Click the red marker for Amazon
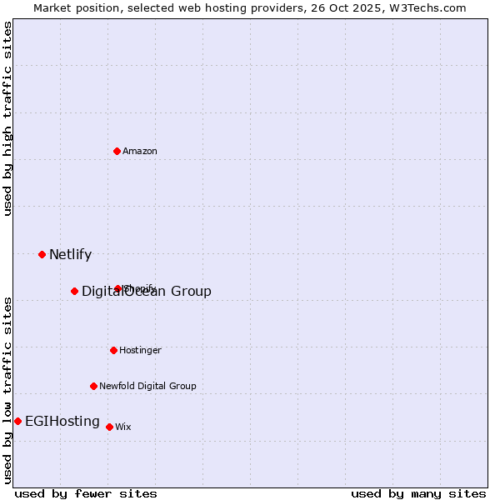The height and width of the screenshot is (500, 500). click(x=117, y=151)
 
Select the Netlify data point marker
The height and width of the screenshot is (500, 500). click(x=42, y=254)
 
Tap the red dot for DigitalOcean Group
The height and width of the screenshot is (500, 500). click(x=75, y=291)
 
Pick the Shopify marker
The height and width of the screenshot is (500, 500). click(x=118, y=288)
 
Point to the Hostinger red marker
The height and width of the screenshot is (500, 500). click(x=114, y=350)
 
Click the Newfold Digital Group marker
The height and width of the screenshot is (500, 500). click(x=94, y=386)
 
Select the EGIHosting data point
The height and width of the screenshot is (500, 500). click(x=18, y=421)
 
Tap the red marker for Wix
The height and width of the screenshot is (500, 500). click(x=110, y=427)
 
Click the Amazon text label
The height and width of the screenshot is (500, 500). click(x=140, y=151)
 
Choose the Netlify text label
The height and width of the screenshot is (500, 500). click(x=70, y=255)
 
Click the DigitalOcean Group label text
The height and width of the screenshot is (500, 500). click(x=147, y=291)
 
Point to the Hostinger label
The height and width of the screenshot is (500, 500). click(x=140, y=350)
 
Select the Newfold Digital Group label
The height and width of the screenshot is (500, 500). click(x=147, y=386)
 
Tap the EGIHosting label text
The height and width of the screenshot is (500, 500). click(x=62, y=422)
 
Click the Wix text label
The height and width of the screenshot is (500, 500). click(x=123, y=427)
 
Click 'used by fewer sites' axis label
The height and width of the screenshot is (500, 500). click(x=86, y=493)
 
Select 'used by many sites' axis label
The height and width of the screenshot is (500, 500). click(x=418, y=493)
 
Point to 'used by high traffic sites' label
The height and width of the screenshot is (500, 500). click(x=7, y=118)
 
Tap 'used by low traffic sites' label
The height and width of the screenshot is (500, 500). click(x=7, y=390)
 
